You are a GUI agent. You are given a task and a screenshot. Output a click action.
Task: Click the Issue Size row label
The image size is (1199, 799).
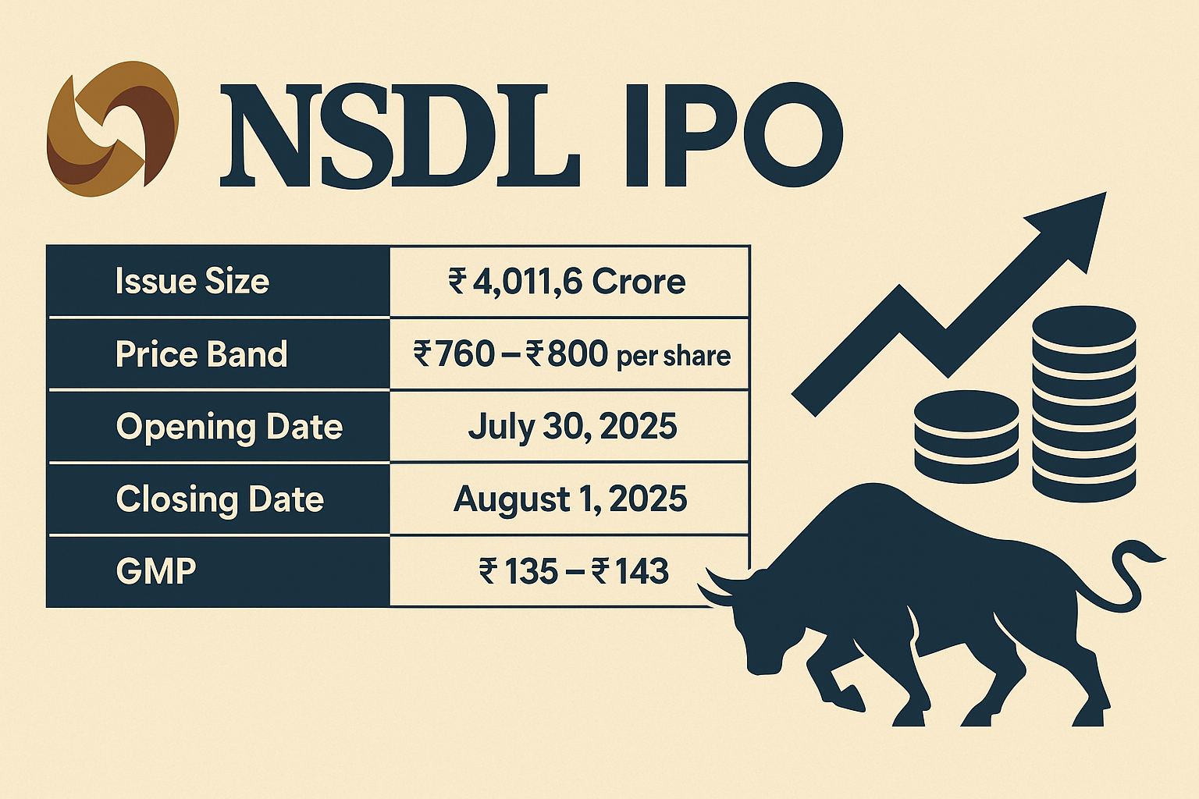[192, 281]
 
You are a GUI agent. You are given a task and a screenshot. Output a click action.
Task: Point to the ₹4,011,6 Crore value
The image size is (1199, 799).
[567, 281]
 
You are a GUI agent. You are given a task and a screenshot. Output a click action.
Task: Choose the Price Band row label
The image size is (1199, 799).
[201, 354]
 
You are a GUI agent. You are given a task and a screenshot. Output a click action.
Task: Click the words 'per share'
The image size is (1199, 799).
[674, 357]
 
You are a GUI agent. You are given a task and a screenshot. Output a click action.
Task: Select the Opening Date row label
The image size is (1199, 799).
[229, 427]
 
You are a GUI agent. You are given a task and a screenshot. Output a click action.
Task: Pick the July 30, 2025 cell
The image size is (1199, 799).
[572, 427]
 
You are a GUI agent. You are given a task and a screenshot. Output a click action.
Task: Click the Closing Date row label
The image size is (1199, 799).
[220, 499]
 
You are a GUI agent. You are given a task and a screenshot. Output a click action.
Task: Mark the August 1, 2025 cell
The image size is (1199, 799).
[570, 499]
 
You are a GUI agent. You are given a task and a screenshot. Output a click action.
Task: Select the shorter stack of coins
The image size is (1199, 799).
[966, 437]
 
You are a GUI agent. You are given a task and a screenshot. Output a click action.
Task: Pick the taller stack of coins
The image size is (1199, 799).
[1083, 403]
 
